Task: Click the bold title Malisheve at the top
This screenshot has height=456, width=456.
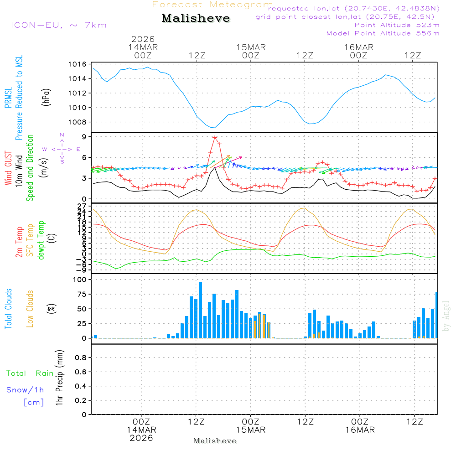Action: pyautogui.click(x=196, y=19)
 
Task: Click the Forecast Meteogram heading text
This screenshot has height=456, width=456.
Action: pyautogui.click(x=212, y=5)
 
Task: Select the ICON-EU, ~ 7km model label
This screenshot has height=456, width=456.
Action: pyautogui.click(x=58, y=25)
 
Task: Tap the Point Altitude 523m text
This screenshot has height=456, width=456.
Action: pyautogui.click(x=397, y=25)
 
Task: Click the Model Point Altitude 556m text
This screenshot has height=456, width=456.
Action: pyautogui.click(x=383, y=33)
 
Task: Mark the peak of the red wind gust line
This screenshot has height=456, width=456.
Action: pyautogui.click(x=215, y=138)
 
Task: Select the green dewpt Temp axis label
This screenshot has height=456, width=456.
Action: pyautogui.click(x=41, y=240)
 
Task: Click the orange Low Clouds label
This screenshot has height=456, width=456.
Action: pyautogui.click(x=30, y=308)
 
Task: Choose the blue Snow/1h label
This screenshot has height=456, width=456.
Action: pyautogui.click(x=26, y=390)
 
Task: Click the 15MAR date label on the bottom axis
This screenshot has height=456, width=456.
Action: pyautogui.click(x=250, y=430)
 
